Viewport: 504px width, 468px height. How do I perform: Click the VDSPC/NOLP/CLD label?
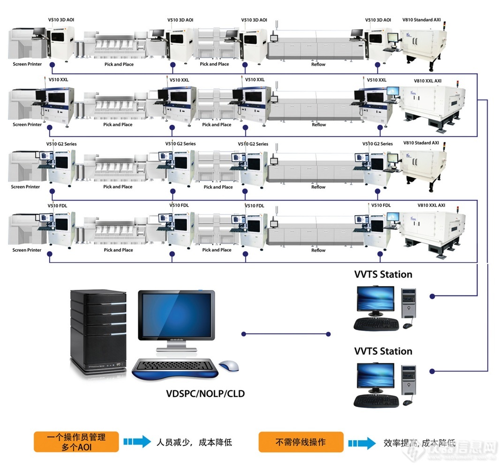pyautogui.click(x=205, y=393)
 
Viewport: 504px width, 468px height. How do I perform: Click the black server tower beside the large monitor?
pyautogui.click(x=98, y=331)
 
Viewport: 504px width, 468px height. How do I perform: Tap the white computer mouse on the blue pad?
pyautogui.click(x=229, y=365)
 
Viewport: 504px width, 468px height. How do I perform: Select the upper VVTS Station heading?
pyautogui.click(x=383, y=274)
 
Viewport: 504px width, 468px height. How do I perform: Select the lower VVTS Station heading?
pyautogui.click(x=383, y=351)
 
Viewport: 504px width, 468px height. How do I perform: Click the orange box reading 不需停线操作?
pyautogui.click(x=301, y=442)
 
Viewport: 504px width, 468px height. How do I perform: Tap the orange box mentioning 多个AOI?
pyautogui.click(x=76, y=442)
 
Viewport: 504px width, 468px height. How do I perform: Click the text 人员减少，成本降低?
pyautogui.click(x=194, y=442)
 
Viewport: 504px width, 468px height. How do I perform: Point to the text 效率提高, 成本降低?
pyautogui.click(x=419, y=443)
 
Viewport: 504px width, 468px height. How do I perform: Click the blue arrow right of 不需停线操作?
pyautogui.click(x=361, y=443)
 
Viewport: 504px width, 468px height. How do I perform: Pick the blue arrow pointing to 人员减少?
pyautogui.click(x=137, y=442)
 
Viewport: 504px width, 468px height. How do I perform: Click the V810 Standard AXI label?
pyautogui.click(x=421, y=21)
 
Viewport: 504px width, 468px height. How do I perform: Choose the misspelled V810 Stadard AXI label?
pyautogui.click(x=421, y=143)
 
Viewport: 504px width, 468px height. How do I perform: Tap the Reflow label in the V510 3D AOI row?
pyautogui.click(x=318, y=64)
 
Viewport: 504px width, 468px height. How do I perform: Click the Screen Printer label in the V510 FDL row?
pyautogui.click(x=27, y=250)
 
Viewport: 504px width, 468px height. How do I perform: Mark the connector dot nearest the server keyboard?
pyautogui.click(x=244, y=334)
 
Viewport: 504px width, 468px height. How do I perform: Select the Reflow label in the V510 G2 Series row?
pyautogui.click(x=318, y=187)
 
